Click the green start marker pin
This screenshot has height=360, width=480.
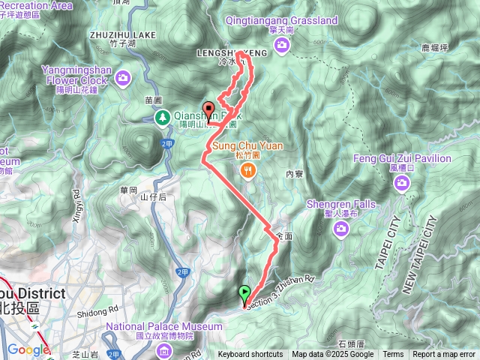244,294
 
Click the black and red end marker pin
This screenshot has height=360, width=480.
209,110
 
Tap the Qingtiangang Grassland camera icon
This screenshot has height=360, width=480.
282,47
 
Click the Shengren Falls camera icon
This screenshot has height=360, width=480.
341,231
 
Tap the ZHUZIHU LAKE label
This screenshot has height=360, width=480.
121,34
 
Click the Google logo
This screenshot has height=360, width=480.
28,349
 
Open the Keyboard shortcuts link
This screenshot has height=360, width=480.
250,355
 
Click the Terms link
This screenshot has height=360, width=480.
393,355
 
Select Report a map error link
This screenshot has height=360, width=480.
444,355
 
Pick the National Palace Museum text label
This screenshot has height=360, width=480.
163,327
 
